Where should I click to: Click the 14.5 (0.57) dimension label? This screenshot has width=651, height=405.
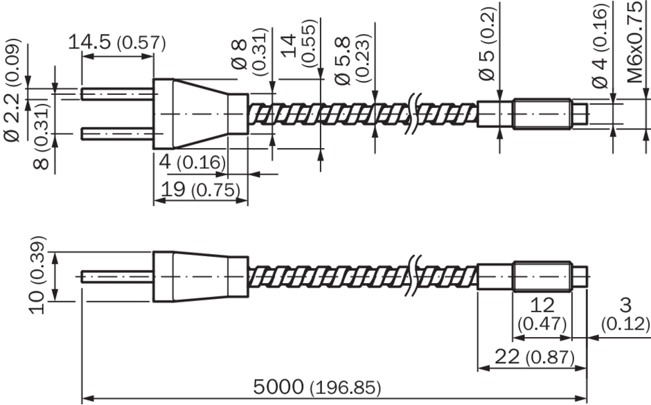click(116, 42)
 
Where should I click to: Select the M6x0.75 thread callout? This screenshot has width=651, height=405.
click(637, 42)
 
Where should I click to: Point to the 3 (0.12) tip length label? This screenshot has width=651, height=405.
click(625, 314)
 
